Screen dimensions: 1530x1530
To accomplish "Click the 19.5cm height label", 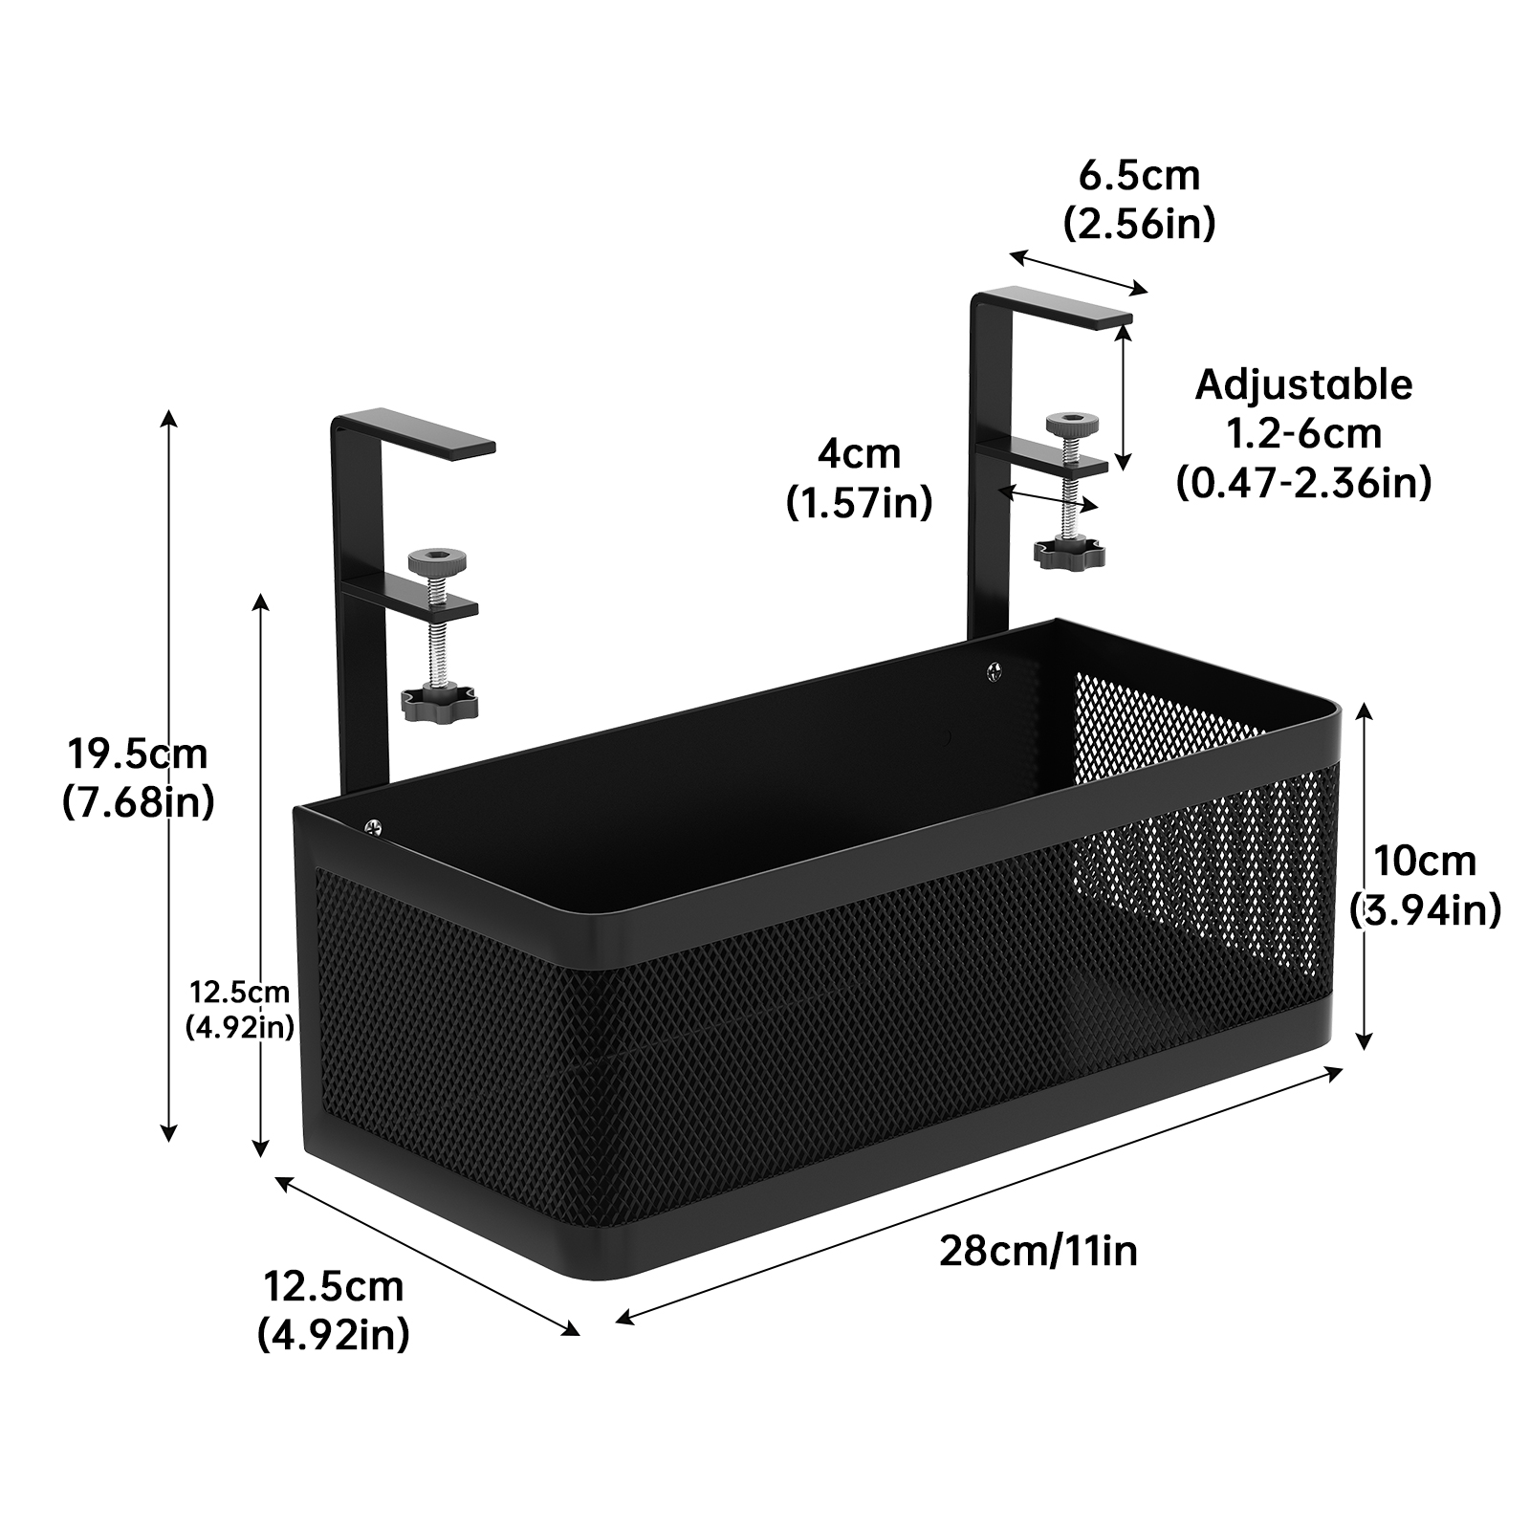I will coord(137,754).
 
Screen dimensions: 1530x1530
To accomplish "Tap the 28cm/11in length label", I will coord(1038,1250).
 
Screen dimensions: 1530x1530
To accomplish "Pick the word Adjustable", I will coord(1303,384).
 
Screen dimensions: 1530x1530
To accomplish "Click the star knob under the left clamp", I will coord(439,702).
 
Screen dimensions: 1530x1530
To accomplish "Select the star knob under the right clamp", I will coord(1069,552).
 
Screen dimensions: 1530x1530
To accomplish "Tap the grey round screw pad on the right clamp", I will coord(1072,422).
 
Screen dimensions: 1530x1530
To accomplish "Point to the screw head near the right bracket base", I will coord(996,671).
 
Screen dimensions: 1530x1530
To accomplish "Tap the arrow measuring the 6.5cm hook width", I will coord(1078,273).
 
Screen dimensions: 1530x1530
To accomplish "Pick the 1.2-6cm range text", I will coord(1303,433).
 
